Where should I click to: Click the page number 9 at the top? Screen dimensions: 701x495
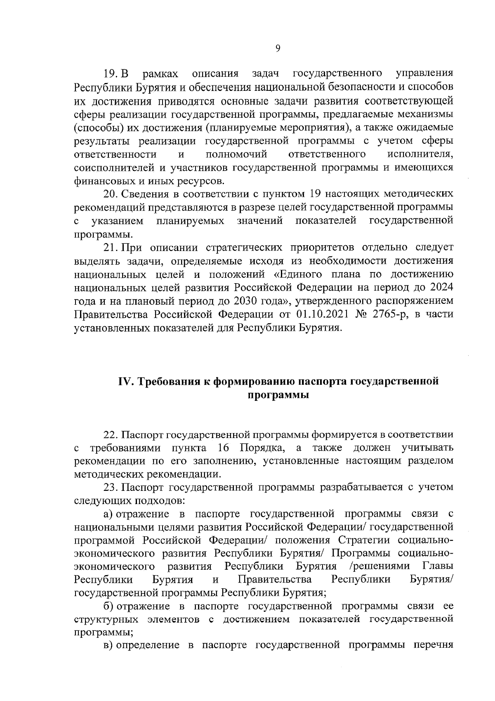278,49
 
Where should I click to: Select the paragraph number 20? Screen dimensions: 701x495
111,194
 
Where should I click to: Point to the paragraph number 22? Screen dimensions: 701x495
111,435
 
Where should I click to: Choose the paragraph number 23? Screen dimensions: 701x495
111,488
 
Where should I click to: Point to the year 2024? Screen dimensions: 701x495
441,288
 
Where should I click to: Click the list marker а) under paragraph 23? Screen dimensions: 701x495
108,514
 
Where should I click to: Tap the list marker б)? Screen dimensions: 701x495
108,606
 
